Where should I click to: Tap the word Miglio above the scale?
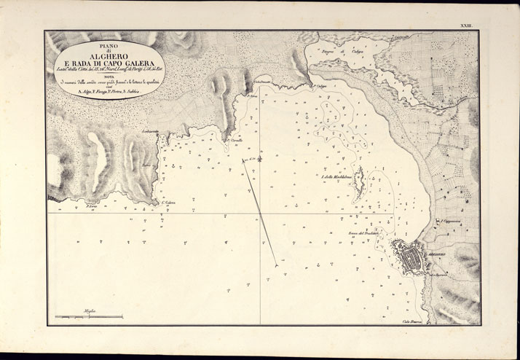coord(90,311)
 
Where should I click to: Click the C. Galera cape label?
coord(168,203)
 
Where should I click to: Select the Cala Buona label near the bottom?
coord(413,321)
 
